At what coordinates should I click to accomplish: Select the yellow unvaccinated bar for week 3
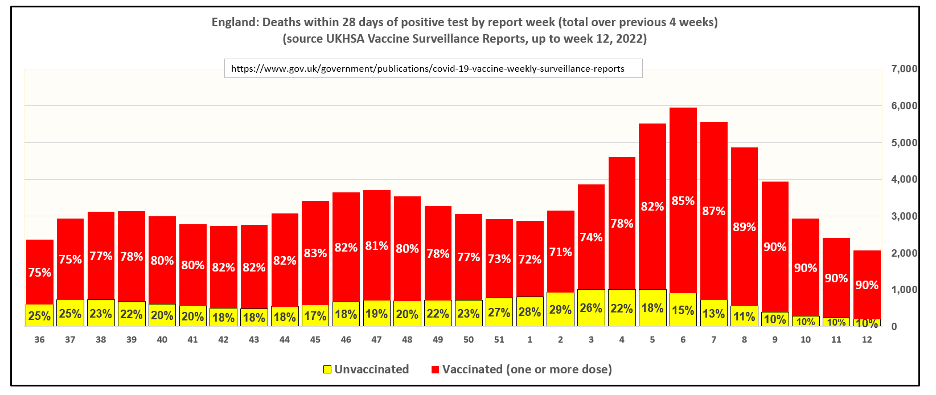(x=591, y=308)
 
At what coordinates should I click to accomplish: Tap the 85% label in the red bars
(x=683, y=201)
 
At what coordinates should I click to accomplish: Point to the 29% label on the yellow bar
(x=560, y=310)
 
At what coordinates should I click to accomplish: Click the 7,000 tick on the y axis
(x=904, y=69)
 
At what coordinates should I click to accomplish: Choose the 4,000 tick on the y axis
(x=904, y=179)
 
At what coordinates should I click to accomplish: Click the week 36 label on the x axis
(x=39, y=340)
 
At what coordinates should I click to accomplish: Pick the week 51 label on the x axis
(x=499, y=340)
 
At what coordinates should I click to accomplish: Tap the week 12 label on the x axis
(x=867, y=340)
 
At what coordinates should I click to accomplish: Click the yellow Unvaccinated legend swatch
(x=327, y=369)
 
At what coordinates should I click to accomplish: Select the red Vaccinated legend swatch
(x=435, y=369)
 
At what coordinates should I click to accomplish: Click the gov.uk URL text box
(x=433, y=68)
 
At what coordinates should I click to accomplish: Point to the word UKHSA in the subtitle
(x=346, y=39)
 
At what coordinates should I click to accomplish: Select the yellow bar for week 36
(x=39, y=315)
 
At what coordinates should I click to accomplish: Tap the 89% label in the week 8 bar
(x=744, y=227)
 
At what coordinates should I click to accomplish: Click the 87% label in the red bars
(x=713, y=211)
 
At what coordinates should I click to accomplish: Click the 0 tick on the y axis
(x=894, y=327)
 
